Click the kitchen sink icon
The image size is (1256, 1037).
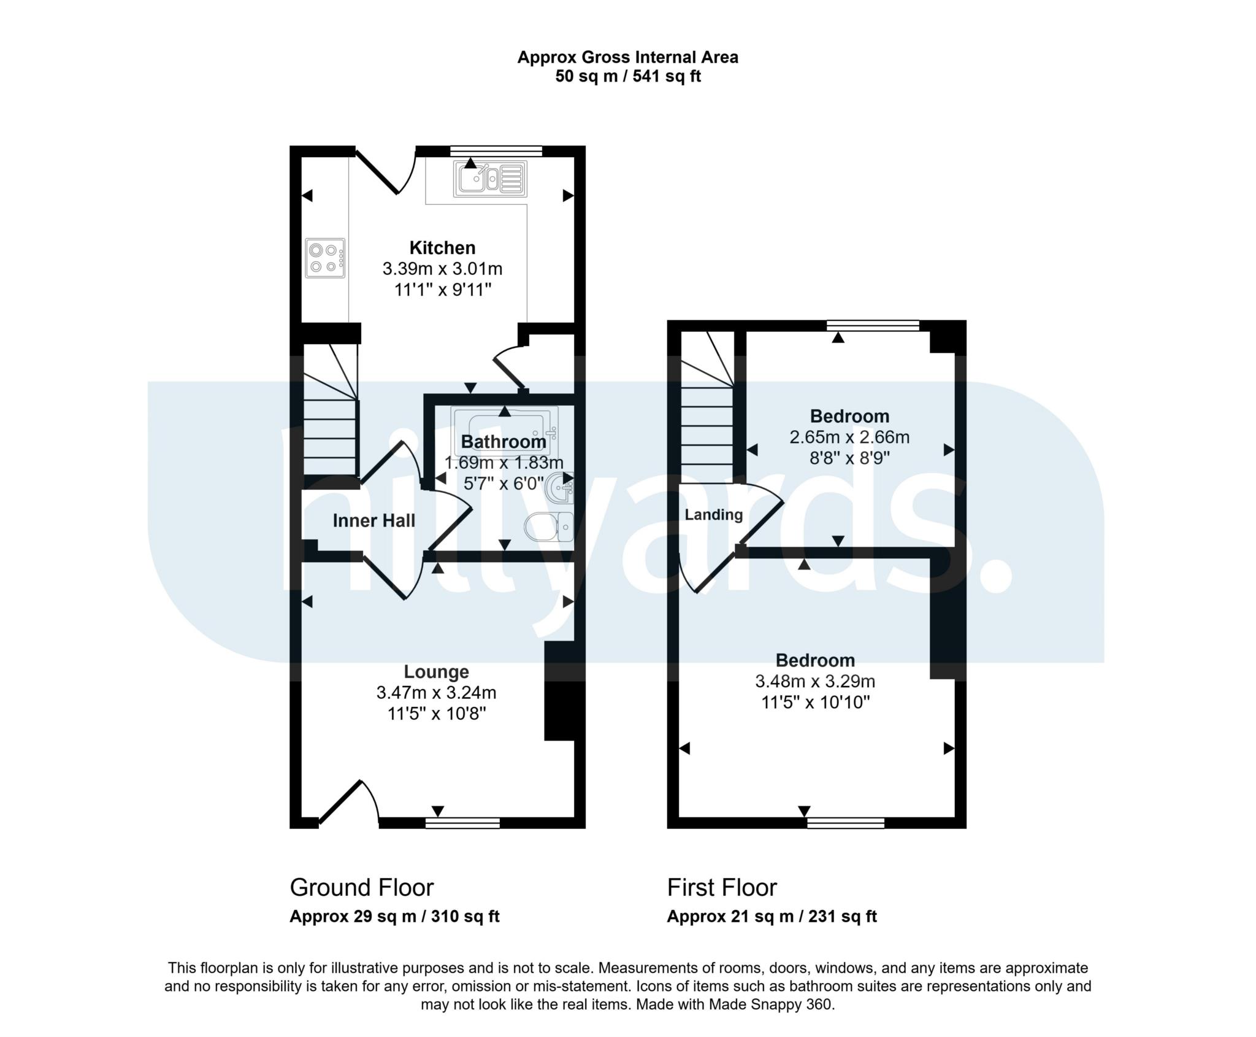[490, 179]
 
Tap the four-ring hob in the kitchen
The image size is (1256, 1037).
[325, 258]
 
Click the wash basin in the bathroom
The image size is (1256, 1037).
[561, 488]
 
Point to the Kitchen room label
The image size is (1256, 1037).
[442, 248]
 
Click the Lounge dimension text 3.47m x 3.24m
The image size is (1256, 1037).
[436, 693]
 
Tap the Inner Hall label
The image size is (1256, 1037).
[373, 521]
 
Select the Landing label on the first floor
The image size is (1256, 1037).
[713, 515]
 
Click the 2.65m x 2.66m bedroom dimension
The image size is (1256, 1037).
[849, 438]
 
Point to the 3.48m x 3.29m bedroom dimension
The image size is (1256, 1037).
[814, 681]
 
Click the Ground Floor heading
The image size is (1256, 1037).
[361, 887]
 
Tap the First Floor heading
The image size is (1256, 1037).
[722, 887]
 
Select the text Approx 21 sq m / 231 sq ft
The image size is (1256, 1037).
[772, 917]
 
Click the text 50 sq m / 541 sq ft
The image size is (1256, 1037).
[627, 77]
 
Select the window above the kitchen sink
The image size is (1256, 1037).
[496, 150]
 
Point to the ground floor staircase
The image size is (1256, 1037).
[331, 417]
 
